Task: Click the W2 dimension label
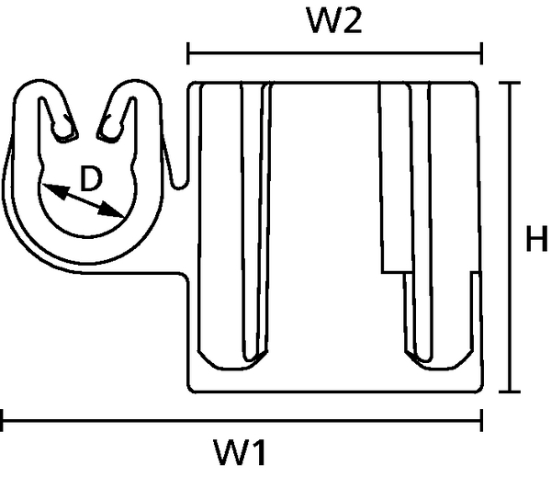(x=334, y=20)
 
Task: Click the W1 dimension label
(x=240, y=452)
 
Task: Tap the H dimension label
(x=536, y=239)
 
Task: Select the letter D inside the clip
(x=91, y=178)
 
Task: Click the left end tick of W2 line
(x=188, y=53)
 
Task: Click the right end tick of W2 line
(x=481, y=53)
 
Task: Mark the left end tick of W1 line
(x=2, y=420)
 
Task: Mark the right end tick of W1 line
(x=481, y=420)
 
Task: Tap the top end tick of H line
(x=510, y=83)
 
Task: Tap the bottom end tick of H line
(x=510, y=392)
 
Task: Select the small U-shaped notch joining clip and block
(x=179, y=183)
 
